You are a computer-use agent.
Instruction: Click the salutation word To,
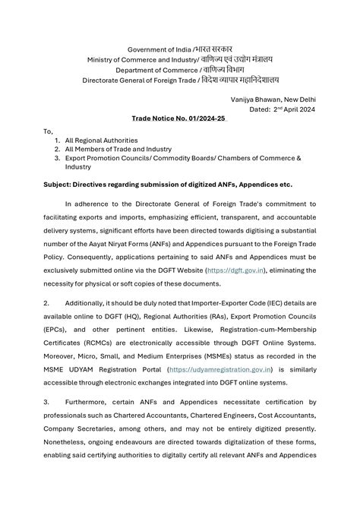49,131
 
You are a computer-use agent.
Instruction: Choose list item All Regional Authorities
101,141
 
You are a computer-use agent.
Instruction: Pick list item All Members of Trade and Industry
118,149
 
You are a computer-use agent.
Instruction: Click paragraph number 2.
47,303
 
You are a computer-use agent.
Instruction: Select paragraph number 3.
47,401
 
